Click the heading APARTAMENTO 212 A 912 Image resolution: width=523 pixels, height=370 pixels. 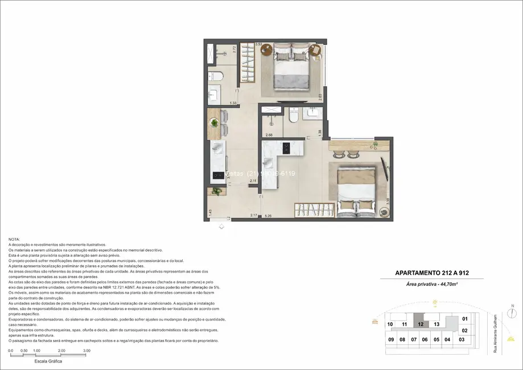coord(431,273)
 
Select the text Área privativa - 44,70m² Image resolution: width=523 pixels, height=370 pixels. coord(431,283)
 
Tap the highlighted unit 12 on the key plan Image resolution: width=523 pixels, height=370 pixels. coord(420,324)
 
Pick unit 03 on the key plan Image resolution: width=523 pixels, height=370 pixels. coord(461,339)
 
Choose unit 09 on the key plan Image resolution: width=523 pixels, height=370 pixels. coord(391,339)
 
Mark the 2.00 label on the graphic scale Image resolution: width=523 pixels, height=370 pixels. coord(61,351)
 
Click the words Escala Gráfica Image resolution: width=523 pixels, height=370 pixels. coord(48,361)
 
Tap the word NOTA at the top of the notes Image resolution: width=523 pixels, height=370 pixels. coord(14,240)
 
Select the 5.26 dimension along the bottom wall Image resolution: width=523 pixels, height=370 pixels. coord(269,216)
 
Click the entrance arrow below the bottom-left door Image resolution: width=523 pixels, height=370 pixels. coord(221,227)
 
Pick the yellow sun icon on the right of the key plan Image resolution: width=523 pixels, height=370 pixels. coord(510,340)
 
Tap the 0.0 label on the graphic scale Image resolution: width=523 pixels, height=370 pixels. coord(10,351)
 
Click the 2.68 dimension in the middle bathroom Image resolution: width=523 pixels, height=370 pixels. coord(269,135)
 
